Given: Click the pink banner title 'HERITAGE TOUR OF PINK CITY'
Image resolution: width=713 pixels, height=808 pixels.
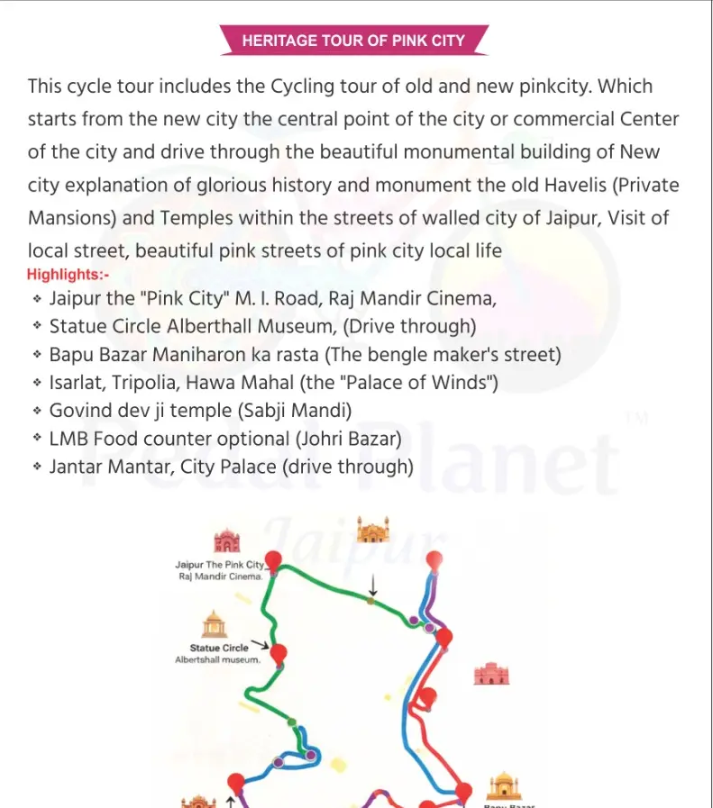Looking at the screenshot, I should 353,41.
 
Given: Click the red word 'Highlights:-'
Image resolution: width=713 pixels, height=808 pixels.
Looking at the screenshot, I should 68,274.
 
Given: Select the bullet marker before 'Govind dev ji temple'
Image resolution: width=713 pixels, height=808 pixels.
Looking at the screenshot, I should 37,411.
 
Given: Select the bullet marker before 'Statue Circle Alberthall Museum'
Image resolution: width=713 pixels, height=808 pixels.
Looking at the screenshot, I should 37,326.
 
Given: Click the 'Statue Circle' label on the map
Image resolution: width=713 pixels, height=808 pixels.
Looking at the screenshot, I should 219,648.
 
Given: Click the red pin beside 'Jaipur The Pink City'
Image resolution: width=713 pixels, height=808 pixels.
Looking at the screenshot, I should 273,561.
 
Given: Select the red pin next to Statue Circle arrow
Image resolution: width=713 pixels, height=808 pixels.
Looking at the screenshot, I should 279,652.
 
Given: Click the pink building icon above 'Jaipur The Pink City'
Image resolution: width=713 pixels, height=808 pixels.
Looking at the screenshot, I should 226,540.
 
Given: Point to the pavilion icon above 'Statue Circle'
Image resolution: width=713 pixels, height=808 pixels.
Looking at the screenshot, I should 214,624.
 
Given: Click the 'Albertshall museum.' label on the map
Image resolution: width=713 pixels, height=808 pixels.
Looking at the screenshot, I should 217,659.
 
